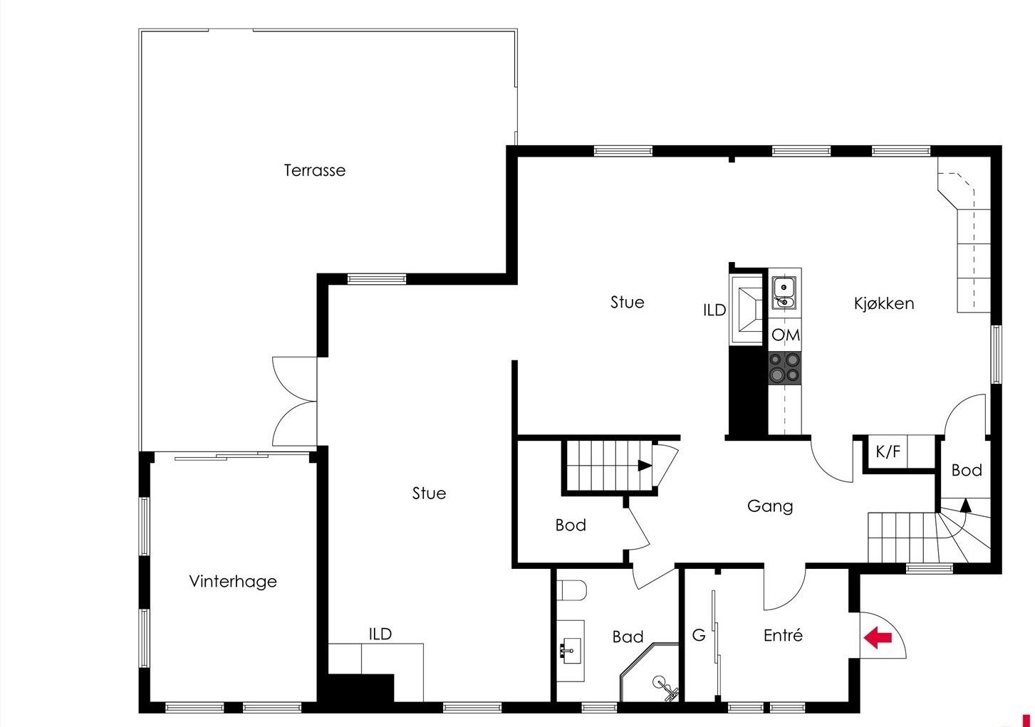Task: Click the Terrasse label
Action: pos(314,171)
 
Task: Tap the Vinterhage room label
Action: pos(233,582)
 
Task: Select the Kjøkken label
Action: pos(883,304)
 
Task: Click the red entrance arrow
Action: pos(878,637)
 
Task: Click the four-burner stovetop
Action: pos(785,368)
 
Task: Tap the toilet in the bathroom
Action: pos(571,590)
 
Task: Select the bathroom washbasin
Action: pos(571,650)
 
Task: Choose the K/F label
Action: pos(888,451)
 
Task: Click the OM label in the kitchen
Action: pos(786,335)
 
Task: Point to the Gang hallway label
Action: pos(770,507)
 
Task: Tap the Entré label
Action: pos(783,636)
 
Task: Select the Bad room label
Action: pos(628,637)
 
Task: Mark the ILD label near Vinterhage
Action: pos(380,634)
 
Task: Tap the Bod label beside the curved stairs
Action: pos(967,471)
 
